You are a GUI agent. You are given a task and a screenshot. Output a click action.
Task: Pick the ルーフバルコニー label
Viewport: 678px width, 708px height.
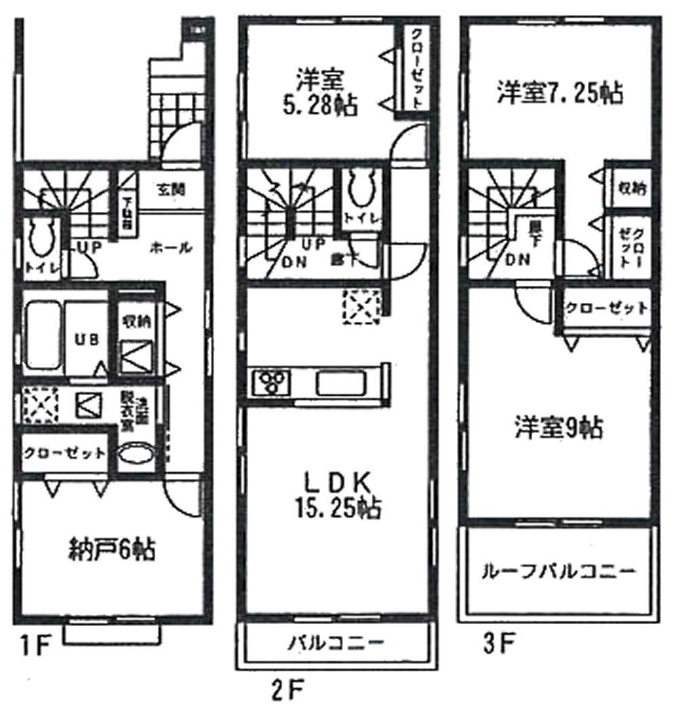pyautogui.click(x=558, y=571)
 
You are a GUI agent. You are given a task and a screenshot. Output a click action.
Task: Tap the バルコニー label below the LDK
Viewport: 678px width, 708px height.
pyautogui.click(x=335, y=641)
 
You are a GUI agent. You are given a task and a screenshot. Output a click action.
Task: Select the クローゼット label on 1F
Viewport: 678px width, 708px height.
pyautogui.click(x=63, y=453)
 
